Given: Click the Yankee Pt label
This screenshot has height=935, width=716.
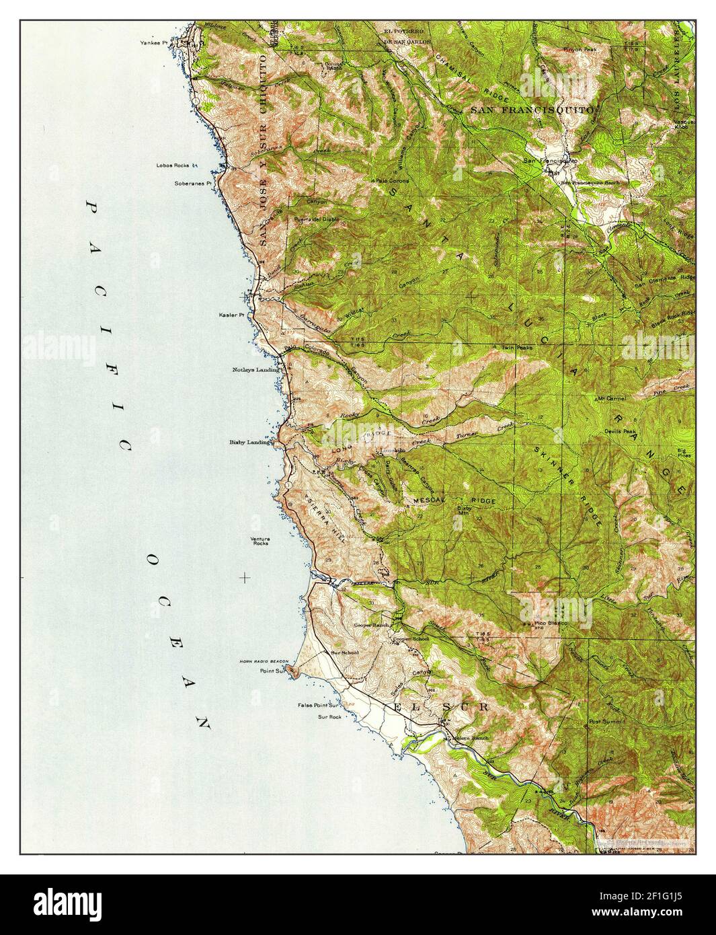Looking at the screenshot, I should [151, 42].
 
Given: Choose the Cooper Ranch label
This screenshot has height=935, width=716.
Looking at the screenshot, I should [372, 626].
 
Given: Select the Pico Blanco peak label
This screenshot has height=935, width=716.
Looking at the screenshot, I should [551, 624].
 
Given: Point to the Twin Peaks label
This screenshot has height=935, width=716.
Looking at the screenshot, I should [517, 348].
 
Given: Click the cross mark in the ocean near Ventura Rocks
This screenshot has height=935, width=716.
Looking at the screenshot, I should [245, 577].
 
